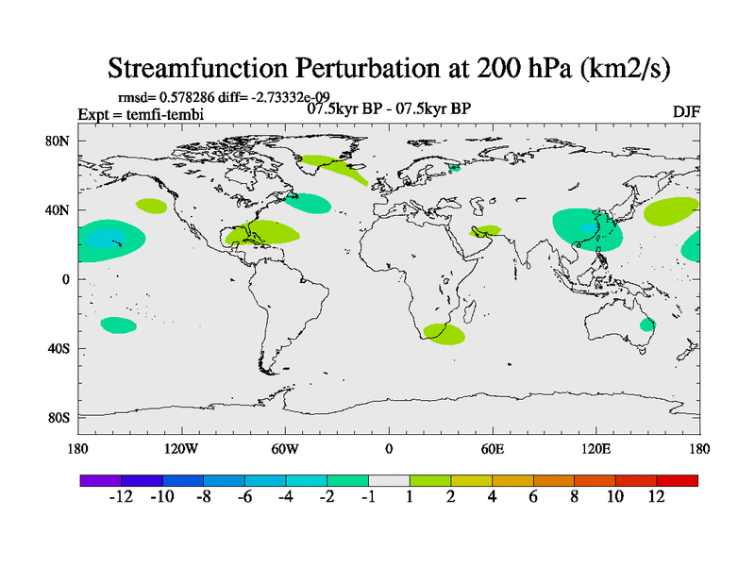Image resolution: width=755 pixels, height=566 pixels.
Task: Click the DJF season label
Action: tap(685, 112)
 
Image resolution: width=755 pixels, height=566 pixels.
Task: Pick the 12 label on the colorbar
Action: tap(657, 497)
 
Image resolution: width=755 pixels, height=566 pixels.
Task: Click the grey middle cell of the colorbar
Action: tap(389, 480)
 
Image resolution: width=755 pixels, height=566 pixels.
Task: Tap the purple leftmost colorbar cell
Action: tap(100, 480)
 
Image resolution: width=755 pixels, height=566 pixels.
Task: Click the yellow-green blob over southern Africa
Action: tap(444, 333)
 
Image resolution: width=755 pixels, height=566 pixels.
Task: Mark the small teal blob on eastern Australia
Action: tap(647, 325)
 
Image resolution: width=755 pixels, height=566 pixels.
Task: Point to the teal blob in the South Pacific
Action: tap(118, 325)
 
